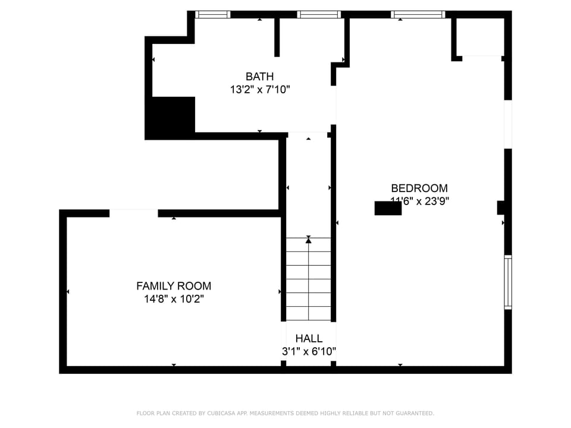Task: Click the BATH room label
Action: (260, 76)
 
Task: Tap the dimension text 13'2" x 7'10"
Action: (260, 90)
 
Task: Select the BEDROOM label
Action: (419, 188)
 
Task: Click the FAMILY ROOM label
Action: (174, 286)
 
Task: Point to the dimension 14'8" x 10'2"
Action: (174, 300)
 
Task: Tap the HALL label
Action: (309, 338)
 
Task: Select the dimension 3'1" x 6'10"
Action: (309, 351)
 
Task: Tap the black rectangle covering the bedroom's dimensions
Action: (388, 208)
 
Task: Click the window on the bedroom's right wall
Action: (508, 282)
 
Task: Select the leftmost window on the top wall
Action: (213, 14)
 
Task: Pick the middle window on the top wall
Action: (319, 14)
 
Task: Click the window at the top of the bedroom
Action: (418, 14)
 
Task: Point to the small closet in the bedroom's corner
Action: (479, 37)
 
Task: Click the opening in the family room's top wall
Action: (134, 213)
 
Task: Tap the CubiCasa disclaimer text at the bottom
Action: (285, 413)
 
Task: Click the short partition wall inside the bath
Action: (277, 37)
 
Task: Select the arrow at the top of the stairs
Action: (308, 240)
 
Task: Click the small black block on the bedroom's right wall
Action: (501, 207)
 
